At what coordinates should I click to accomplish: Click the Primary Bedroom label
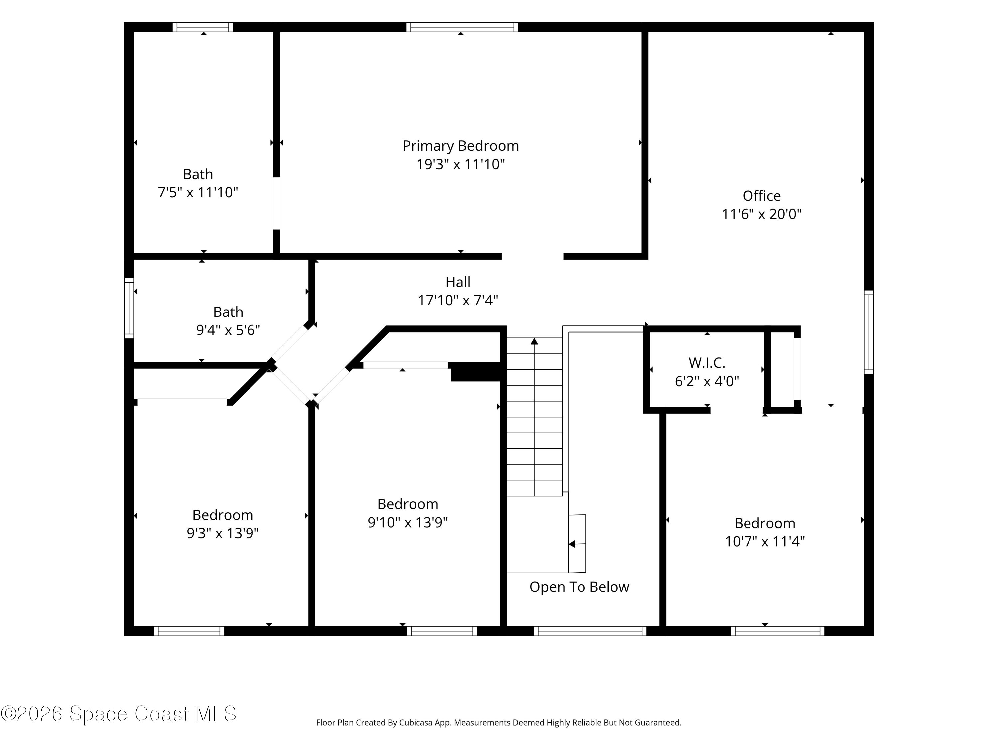pos(461,146)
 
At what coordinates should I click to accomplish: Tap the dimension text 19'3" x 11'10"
pos(461,164)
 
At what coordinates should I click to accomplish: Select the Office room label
pos(761,196)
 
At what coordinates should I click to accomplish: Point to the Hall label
pos(458,282)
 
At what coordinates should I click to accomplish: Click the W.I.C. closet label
pos(707,362)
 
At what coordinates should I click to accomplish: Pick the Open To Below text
pos(579,587)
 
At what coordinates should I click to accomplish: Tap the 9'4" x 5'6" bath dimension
pos(228,330)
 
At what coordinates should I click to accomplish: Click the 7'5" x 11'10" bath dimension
pos(198,193)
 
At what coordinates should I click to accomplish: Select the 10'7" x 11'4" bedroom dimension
pos(765,541)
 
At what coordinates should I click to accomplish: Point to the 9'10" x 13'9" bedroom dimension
pos(408,522)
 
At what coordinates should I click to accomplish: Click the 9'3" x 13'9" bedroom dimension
pos(223,533)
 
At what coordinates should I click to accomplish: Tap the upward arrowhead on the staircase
pos(534,341)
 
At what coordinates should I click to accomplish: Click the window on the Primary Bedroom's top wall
pos(462,27)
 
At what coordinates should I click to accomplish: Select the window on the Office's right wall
pos(869,332)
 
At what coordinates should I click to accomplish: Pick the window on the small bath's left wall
pos(129,308)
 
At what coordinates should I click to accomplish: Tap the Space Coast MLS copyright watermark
pos(119,714)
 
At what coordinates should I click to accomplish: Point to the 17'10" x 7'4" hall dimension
pos(458,300)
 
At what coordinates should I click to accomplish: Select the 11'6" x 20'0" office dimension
pos(761,214)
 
